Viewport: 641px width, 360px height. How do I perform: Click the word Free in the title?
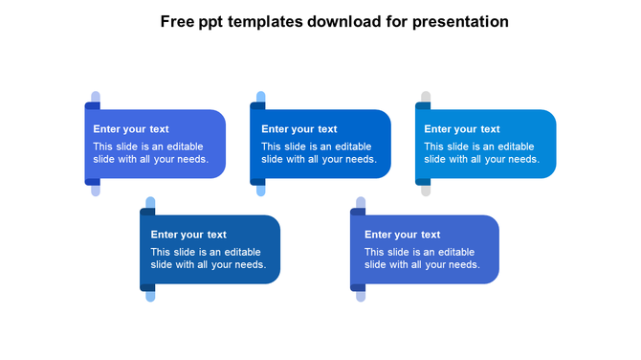[x=176, y=21]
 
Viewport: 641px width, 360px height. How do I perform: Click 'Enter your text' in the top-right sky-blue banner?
[x=462, y=129]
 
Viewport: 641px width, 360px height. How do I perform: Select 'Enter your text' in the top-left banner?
[x=131, y=129]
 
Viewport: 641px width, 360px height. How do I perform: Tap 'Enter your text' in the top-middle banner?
[x=299, y=129]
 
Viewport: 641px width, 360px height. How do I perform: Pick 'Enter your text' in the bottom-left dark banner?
[x=188, y=235]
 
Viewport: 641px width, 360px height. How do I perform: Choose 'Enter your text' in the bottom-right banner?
[x=403, y=235]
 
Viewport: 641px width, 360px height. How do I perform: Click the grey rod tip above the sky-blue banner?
[x=425, y=97]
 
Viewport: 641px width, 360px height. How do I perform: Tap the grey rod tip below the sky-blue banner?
[x=426, y=191]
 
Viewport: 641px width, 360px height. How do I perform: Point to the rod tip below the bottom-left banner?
[x=150, y=297]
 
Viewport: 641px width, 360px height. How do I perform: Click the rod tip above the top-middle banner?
[x=260, y=97]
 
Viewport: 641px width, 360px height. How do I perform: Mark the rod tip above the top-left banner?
[x=95, y=97]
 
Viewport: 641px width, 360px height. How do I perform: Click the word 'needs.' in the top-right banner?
[x=524, y=159]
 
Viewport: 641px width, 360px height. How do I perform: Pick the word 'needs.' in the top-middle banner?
[x=362, y=159]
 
